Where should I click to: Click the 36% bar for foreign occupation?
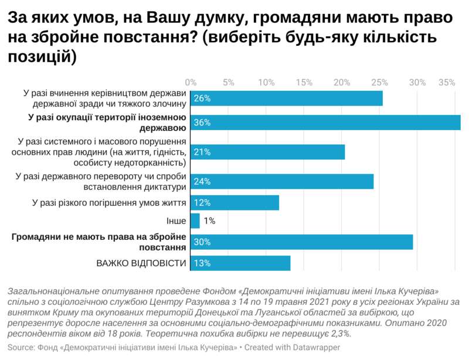[325, 122]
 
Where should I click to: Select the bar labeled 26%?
[286, 98]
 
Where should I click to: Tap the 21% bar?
[267, 152]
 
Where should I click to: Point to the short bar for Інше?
[195, 221]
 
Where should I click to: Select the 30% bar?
[301, 242]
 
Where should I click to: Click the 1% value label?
[209, 221]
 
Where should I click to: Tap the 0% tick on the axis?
[191, 82]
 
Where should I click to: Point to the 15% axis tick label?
[304, 82]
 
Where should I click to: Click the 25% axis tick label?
[380, 82]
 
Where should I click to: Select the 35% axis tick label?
[447, 82]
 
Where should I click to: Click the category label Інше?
[176, 221]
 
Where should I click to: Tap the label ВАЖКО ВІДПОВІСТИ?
[141, 263]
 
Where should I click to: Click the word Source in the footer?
[22, 348]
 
